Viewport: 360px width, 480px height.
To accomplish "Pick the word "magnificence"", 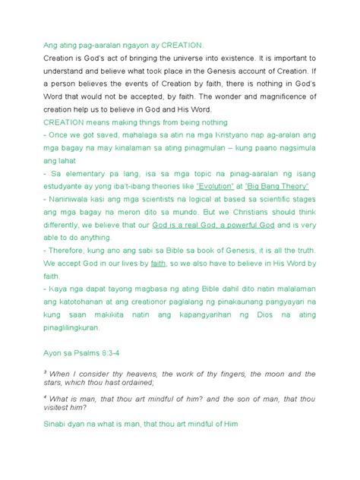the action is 279,99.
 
